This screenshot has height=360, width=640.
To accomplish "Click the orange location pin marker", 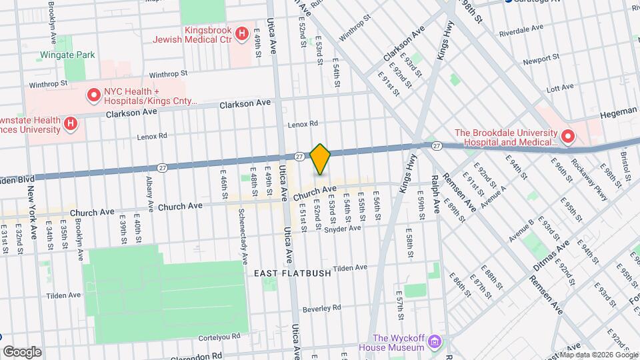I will (x=321, y=159).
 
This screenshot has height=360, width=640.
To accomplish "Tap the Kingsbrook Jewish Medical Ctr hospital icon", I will (x=243, y=33).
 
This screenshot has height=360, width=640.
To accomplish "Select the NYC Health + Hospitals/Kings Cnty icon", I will (x=94, y=96).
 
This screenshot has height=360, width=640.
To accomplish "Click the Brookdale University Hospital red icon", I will (x=567, y=137).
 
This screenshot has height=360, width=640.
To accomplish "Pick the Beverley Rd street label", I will (x=322, y=308).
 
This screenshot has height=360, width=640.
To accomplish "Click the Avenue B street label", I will (x=522, y=230).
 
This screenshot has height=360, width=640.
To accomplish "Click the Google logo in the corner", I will (x=22, y=352).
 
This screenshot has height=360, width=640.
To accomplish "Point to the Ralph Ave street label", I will (x=435, y=194).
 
